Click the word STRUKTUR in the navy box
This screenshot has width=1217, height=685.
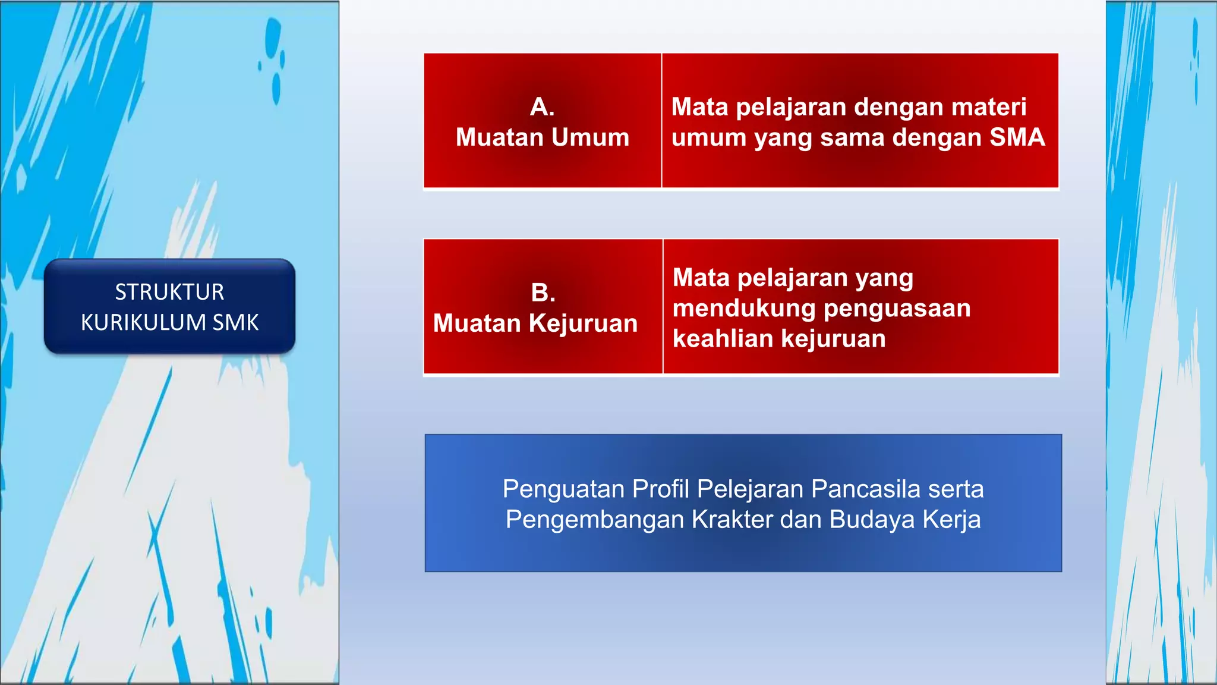coord(169,292)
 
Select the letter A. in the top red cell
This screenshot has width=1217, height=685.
coord(542,107)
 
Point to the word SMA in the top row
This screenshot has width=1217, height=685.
coord(1017,137)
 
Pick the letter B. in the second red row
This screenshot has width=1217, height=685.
coord(543,293)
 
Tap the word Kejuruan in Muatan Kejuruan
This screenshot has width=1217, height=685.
coord(583,323)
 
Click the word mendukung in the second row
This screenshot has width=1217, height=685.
coord(744,308)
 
